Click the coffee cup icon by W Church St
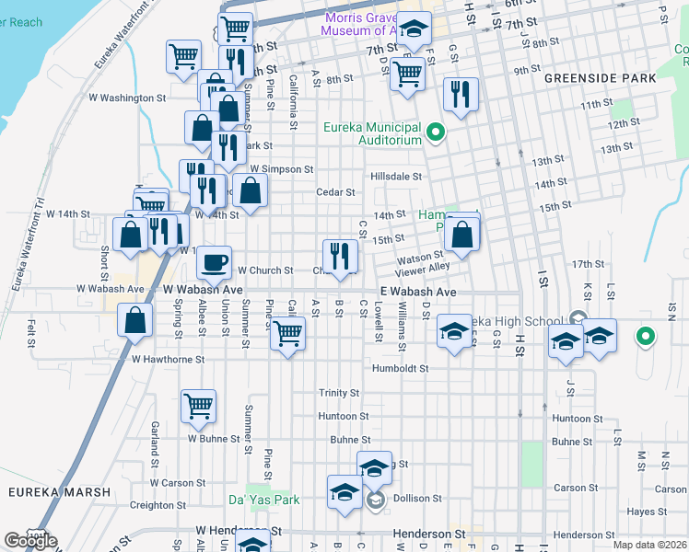pos(215,262)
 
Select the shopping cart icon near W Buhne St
pos(198,405)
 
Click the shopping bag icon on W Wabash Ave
pos(135,321)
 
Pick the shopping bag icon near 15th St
pos(461,236)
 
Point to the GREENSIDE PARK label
pos(600,78)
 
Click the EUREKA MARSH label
pos(59,492)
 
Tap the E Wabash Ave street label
pos(418,292)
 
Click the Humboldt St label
pos(401,368)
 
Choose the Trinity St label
pos(339,393)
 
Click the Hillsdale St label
pos(395,176)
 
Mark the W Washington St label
pos(126,97)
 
